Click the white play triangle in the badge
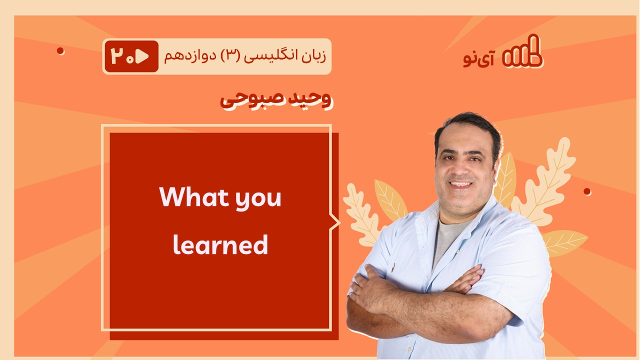[x=142, y=56]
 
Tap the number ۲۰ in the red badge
[x=122, y=56]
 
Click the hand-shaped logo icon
[x=522, y=51]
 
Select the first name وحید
[x=309, y=99]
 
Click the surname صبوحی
[x=252, y=100]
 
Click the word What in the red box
[x=194, y=196]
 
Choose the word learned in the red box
[x=220, y=245]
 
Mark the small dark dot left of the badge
[x=60, y=51]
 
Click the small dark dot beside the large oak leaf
[x=587, y=191]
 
